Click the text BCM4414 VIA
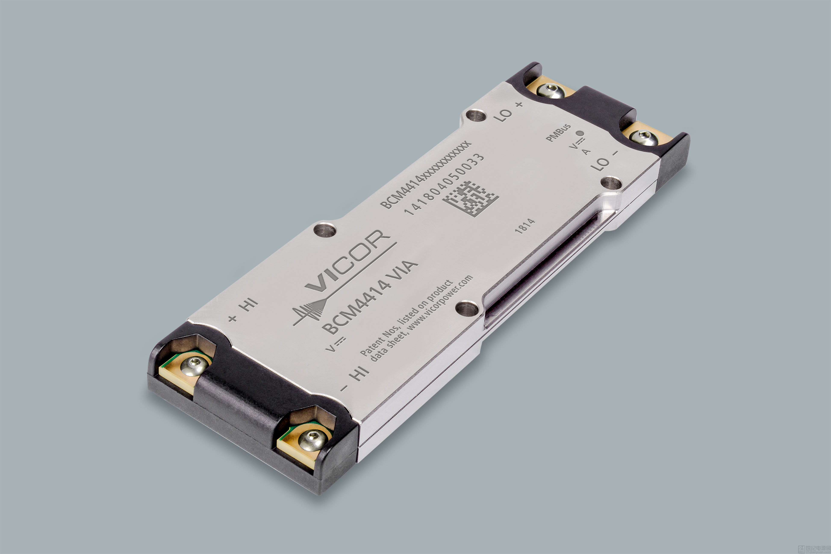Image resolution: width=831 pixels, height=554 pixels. [370, 297]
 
